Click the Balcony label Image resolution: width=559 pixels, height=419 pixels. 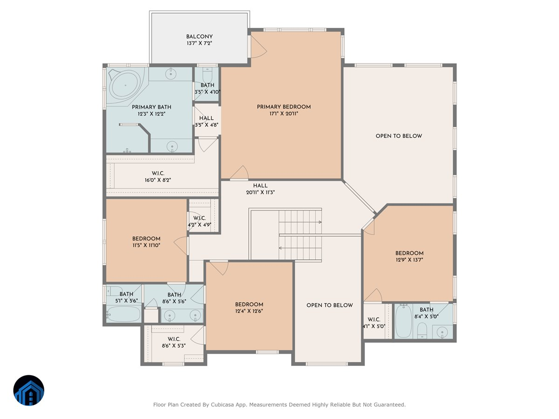tap(199, 36)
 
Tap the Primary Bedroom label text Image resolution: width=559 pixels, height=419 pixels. tap(284, 107)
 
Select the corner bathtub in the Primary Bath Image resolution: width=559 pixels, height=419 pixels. tap(124, 85)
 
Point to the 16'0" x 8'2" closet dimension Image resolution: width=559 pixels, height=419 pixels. tap(158, 180)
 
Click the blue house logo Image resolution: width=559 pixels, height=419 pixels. tap(28, 391)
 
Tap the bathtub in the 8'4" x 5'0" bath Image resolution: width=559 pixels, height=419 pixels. tap(403, 321)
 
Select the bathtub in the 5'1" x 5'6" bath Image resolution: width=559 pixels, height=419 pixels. tap(123, 315)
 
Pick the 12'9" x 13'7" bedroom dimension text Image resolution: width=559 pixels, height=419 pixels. tap(409, 260)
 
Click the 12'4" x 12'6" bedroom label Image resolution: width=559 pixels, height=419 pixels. tap(249, 304)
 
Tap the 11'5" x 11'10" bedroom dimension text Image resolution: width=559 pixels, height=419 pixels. tap(146, 245)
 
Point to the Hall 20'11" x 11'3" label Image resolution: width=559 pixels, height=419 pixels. tap(260, 186)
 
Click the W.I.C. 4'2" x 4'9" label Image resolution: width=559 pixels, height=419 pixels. tap(199, 218)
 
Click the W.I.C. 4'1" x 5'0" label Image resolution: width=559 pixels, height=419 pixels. tap(374, 319)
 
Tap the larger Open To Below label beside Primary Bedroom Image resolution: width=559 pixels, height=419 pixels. tap(399, 136)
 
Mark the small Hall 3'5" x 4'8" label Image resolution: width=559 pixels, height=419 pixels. tap(206, 118)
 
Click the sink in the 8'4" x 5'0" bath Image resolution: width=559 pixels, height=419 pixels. tap(443, 332)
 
